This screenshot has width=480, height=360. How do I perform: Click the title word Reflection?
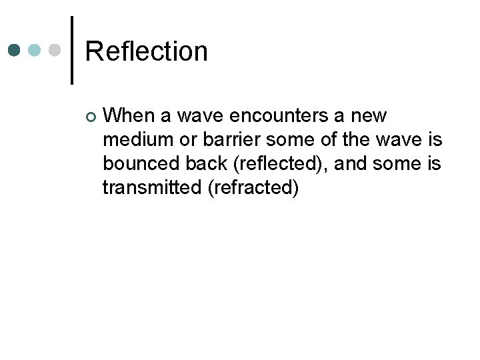[x=147, y=51]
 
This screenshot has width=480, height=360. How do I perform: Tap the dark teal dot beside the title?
[x=15, y=51]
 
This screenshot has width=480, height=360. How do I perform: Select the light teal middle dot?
[x=35, y=51]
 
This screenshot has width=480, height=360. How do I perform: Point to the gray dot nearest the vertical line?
[x=56, y=51]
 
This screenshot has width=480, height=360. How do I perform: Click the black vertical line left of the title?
[x=71, y=50]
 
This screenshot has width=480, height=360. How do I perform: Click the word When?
[x=131, y=116]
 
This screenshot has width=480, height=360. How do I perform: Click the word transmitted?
[x=152, y=188]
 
